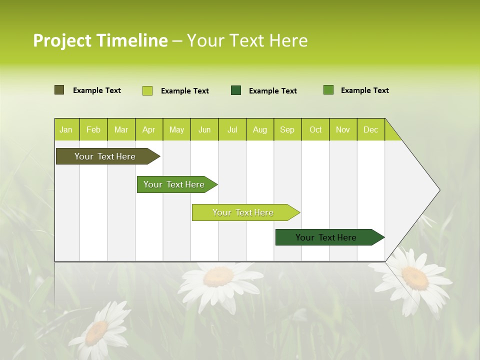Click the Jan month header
coord(66,129)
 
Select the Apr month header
coord(148,129)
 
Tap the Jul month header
coord(232,129)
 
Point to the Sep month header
coord(287,129)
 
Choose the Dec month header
coord(370,129)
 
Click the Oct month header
coord(315,129)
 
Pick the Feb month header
coord(93,129)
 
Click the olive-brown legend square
coord(59,90)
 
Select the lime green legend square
coord(147,90)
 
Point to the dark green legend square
coord(236,90)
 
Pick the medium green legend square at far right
coord(328,90)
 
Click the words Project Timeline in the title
coord(100,40)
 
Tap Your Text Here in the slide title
coord(247,40)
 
